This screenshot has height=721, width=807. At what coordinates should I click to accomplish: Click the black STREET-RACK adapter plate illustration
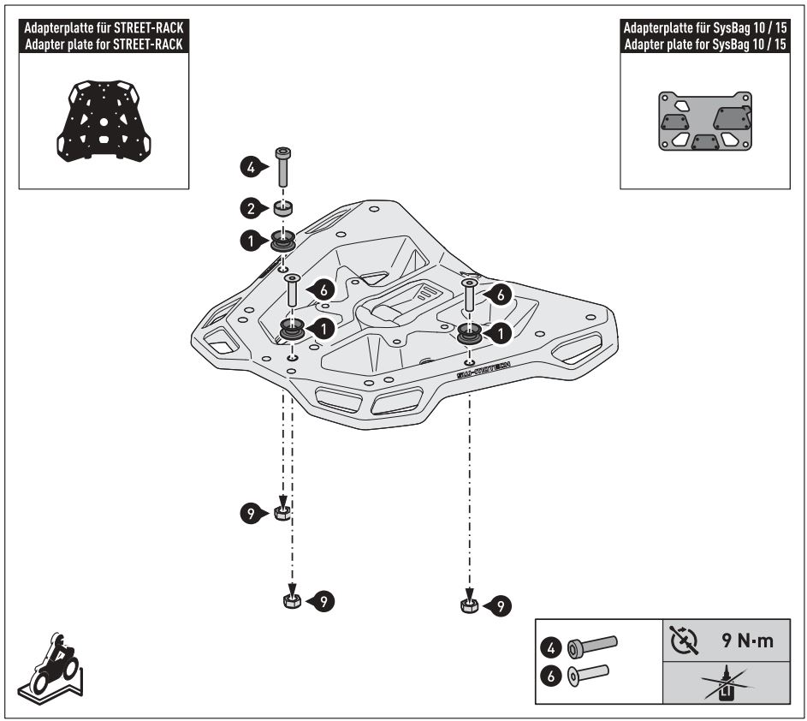(x=102, y=120)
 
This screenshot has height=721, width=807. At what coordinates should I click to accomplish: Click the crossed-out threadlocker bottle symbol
(x=726, y=684)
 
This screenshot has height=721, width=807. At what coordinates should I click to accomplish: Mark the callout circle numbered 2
(x=249, y=207)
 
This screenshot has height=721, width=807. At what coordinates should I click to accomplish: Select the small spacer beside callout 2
(x=282, y=207)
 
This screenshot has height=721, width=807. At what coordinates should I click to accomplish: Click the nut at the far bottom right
(x=467, y=606)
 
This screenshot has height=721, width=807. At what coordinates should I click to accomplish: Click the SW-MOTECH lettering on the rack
(x=484, y=370)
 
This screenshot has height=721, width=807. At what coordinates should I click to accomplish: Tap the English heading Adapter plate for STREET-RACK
(x=102, y=45)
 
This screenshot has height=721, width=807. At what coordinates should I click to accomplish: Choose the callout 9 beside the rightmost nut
(x=502, y=606)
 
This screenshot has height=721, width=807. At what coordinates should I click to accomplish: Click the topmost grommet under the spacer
(x=282, y=242)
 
